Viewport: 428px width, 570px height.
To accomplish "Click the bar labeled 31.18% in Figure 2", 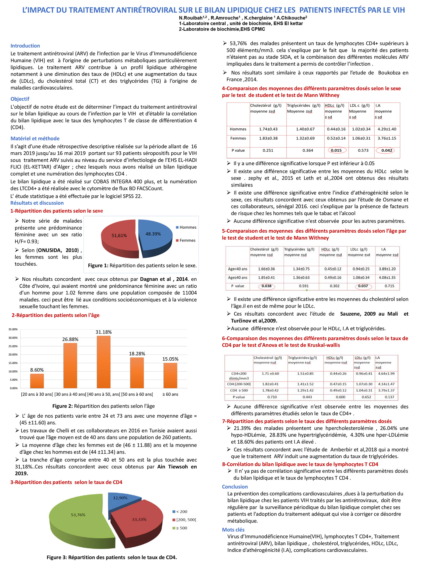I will point(103,362).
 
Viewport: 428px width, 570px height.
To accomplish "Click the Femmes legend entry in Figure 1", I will point(186,240).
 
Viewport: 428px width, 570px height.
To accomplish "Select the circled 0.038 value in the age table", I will point(267,286).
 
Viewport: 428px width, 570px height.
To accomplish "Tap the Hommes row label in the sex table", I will point(238,129).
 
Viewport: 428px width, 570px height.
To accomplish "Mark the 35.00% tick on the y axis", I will point(13,329).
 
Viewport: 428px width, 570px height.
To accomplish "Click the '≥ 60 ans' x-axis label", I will point(170,394).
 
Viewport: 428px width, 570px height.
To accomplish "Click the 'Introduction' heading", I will point(25,46).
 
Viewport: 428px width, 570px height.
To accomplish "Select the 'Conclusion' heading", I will point(235,487).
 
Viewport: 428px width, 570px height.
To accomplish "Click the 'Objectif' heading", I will point(20,99).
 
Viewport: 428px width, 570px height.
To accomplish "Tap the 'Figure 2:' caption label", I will point(62,406).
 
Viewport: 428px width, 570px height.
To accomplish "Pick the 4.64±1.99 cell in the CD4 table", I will point(386,374).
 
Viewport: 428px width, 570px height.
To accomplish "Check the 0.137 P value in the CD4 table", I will point(389,397).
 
